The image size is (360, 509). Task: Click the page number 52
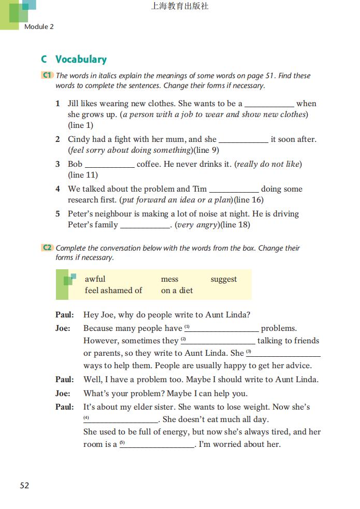coord(24,485)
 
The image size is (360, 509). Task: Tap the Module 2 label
coord(39,26)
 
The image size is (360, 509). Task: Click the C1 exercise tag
coord(47,75)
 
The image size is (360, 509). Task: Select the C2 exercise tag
coord(47,248)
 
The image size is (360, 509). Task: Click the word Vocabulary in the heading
coord(81,59)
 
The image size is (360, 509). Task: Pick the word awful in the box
coord(95,279)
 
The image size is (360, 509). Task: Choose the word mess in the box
coord(169,279)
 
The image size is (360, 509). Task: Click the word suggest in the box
coord(224,279)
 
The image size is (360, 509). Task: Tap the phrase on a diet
coord(177,290)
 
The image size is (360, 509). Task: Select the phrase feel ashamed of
coord(113,290)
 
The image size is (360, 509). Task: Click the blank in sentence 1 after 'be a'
coord(269,105)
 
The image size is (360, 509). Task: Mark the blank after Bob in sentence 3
coord(109,165)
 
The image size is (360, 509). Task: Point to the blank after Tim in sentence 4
coord(234,190)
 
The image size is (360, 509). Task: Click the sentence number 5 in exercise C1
coord(57,214)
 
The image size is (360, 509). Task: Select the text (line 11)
coord(83,175)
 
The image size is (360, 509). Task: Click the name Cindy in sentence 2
coord(79,139)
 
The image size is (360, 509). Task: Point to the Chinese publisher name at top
coord(180,7)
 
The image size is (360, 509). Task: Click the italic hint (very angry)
coord(197,225)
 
